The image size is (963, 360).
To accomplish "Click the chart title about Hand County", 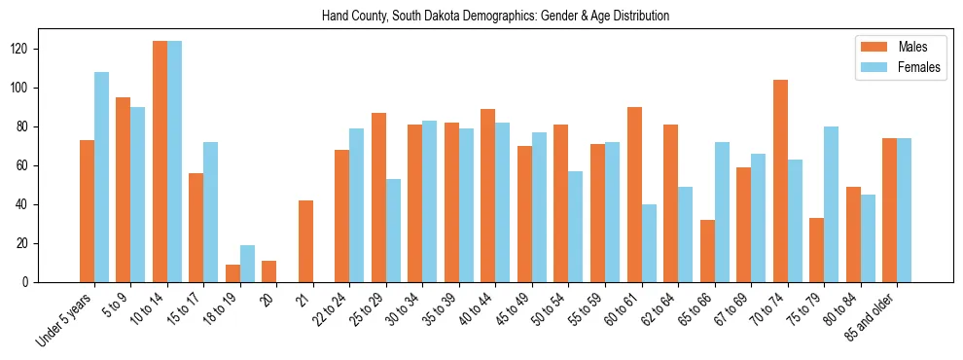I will (x=495, y=17).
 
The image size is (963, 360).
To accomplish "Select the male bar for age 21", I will (x=305, y=241).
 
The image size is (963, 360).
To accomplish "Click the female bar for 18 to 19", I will (x=247, y=264).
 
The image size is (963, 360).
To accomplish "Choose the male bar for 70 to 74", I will (x=780, y=181).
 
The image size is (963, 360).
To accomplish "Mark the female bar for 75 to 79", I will (x=831, y=204).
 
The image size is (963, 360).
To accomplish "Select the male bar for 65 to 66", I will (x=707, y=251).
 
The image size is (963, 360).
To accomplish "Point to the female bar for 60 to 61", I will (x=649, y=243).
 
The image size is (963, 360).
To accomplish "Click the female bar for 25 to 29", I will (x=393, y=231).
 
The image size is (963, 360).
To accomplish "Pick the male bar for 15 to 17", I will (x=196, y=228).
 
